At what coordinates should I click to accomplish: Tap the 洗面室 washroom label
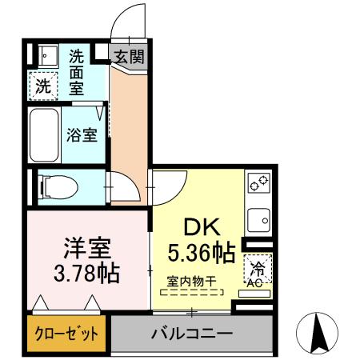coord(77,73)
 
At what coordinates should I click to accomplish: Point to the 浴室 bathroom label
coord(82,134)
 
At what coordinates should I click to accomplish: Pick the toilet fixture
coord(56,187)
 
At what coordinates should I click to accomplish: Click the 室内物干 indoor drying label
coord(191,281)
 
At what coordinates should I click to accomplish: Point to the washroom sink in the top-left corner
coord(44,55)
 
